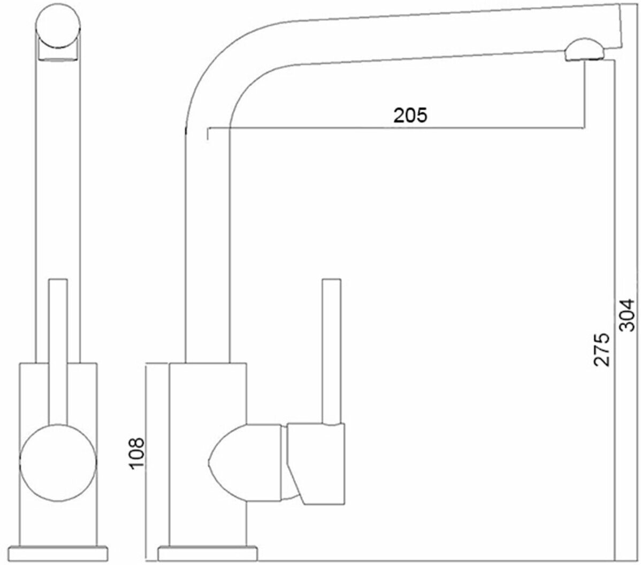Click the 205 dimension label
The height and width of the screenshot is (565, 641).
point(410,114)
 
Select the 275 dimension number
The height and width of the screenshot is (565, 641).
point(602,349)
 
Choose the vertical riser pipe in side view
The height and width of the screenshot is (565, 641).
point(208,241)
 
